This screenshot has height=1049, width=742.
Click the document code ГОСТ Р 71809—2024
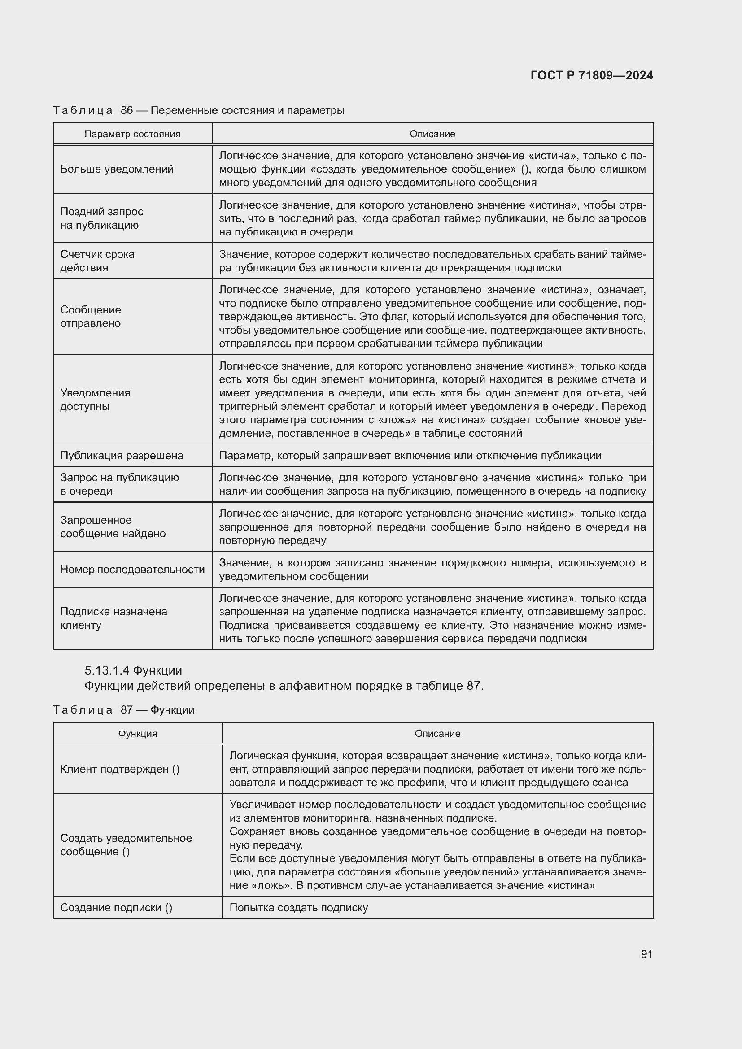(x=591, y=75)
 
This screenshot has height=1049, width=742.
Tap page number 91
(x=646, y=953)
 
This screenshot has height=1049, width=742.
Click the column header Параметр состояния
(x=132, y=134)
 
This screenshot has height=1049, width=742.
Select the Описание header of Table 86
(x=432, y=134)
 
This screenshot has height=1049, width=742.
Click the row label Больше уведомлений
(x=117, y=169)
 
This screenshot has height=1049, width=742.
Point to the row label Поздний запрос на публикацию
(x=101, y=218)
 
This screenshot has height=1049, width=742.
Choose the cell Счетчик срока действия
(x=97, y=261)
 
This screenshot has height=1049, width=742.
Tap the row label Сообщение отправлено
(x=91, y=316)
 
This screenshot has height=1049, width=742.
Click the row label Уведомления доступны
(x=95, y=399)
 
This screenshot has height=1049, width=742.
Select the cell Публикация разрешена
(x=122, y=455)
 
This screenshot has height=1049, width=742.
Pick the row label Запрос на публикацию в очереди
(x=119, y=484)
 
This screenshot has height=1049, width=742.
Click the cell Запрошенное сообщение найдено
(x=113, y=527)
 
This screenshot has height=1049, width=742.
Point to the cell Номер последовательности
(x=132, y=569)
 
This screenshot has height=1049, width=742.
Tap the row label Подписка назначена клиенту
(x=113, y=618)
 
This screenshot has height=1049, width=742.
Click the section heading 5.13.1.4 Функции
(x=133, y=670)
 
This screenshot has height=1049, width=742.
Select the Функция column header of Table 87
(x=138, y=733)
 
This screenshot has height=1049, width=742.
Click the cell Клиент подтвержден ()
(x=120, y=769)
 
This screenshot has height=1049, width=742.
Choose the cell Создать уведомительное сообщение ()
(x=126, y=844)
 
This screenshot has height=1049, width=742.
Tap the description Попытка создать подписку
(x=298, y=907)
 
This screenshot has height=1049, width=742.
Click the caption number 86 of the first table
(x=127, y=110)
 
